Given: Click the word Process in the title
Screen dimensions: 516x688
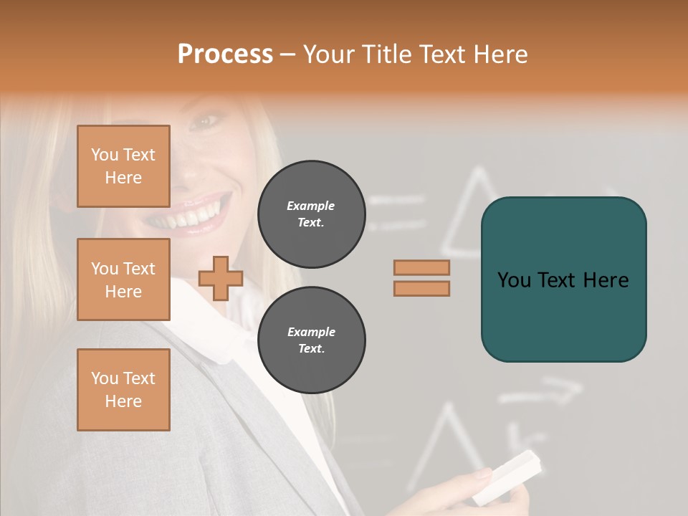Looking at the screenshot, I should [225, 54].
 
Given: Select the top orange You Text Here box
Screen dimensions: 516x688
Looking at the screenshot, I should [123, 166].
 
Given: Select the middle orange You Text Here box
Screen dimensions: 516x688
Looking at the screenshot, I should [123, 279].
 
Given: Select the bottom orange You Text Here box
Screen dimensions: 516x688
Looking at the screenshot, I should [123, 390].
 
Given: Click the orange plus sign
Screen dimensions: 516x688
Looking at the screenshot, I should [221, 278].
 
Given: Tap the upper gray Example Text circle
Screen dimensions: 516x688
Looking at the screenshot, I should [312, 214].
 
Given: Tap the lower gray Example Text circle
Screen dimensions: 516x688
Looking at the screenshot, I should [312, 340].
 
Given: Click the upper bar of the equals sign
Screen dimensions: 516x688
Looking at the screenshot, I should [421, 267].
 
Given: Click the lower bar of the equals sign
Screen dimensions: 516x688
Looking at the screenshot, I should [421, 288].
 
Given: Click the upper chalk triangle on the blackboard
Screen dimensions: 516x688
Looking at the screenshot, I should [473, 215].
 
